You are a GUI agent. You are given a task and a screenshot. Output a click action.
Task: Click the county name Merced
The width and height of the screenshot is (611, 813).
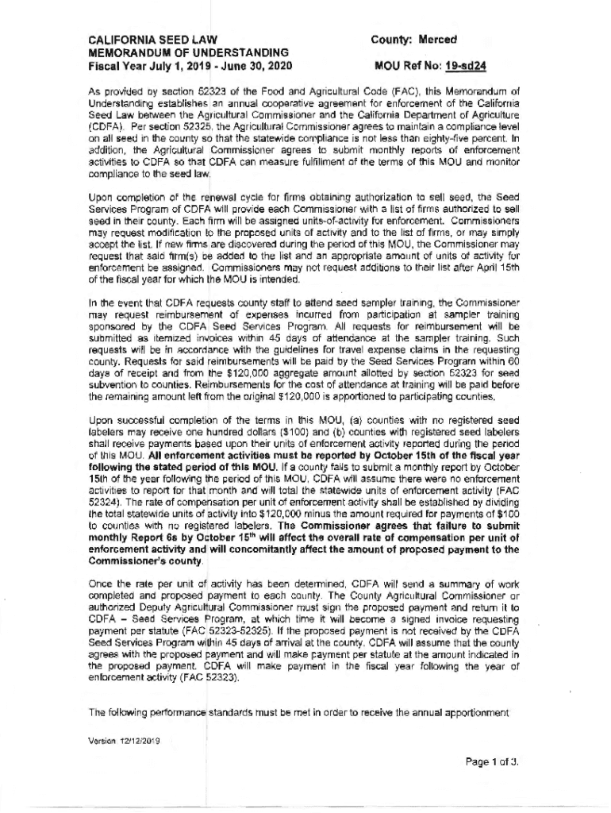coord(439,40)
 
